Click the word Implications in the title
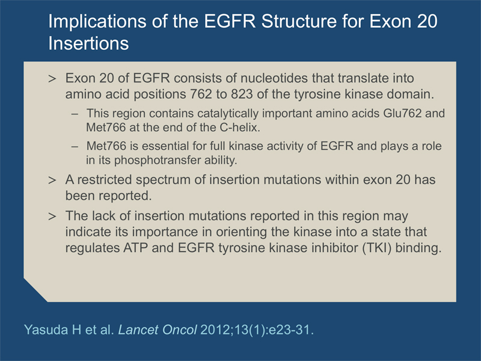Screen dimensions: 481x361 [x=97, y=22]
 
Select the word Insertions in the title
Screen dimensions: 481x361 [x=88, y=43]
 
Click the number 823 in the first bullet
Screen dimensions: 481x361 [x=242, y=94]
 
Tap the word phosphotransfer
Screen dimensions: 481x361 [x=154, y=160]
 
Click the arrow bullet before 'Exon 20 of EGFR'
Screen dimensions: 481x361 [x=52, y=79]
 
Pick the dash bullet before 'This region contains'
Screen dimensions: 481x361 [x=75, y=114]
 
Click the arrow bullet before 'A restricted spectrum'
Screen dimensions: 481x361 [x=52, y=180]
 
